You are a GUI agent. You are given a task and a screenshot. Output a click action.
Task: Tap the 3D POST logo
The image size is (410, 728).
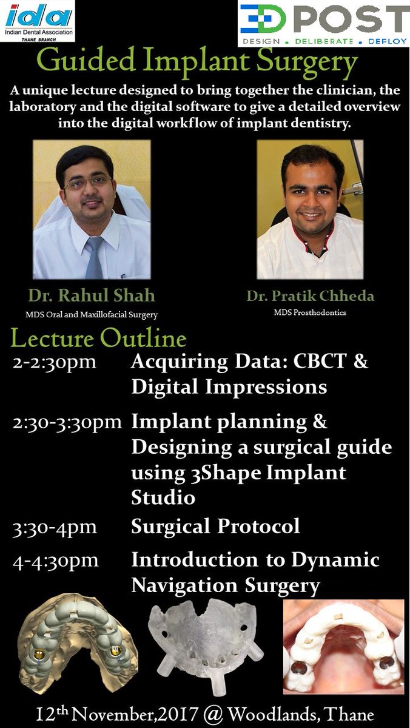(x=323, y=24)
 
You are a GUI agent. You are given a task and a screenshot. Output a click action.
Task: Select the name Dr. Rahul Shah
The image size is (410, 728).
(x=91, y=297)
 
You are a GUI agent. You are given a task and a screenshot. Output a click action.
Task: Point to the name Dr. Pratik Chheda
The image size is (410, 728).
(x=309, y=297)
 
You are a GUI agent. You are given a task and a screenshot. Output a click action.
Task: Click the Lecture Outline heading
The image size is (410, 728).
(x=99, y=337)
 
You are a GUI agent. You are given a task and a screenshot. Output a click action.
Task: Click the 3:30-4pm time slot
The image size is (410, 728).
(x=55, y=527)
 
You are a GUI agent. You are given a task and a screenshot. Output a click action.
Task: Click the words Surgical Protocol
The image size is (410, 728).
(x=215, y=526)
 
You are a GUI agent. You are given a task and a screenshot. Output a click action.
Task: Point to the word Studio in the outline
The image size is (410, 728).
(x=164, y=497)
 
